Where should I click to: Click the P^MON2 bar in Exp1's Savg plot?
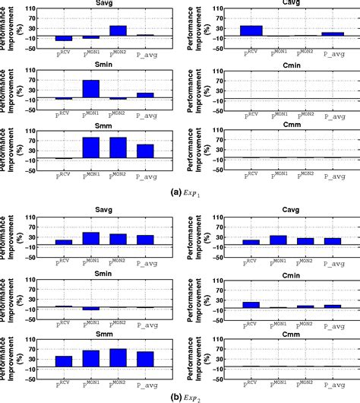pyautogui.click(x=118, y=31)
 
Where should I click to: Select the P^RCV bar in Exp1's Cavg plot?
pyautogui.click(x=251, y=31)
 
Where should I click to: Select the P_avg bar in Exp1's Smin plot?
pyautogui.click(x=145, y=95)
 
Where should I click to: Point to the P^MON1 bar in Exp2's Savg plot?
pyautogui.click(x=91, y=238)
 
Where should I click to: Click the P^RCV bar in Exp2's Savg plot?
pyautogui.click(x=64, y=242)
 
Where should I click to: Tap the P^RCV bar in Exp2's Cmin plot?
pyautogui.click(x=251, y=304)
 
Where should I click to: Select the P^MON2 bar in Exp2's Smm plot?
pyautogui.click(x=118, y=357)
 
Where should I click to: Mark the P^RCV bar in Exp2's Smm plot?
pyautogui.click(x=64, y=361)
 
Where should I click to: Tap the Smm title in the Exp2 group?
pyautogui.click(x=104, y=332)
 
